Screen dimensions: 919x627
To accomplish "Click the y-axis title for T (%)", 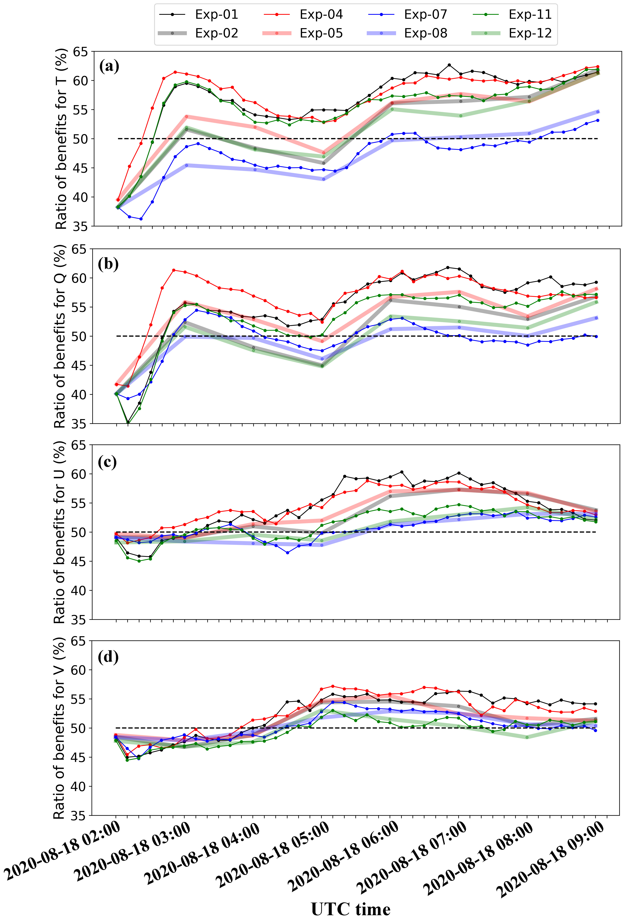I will coord(61,138).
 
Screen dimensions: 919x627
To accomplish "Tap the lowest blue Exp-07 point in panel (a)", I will coord(141,219).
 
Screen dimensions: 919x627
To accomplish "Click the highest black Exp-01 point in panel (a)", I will coord(449,65).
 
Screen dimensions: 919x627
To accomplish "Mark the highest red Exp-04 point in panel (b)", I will coord(174,270).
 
